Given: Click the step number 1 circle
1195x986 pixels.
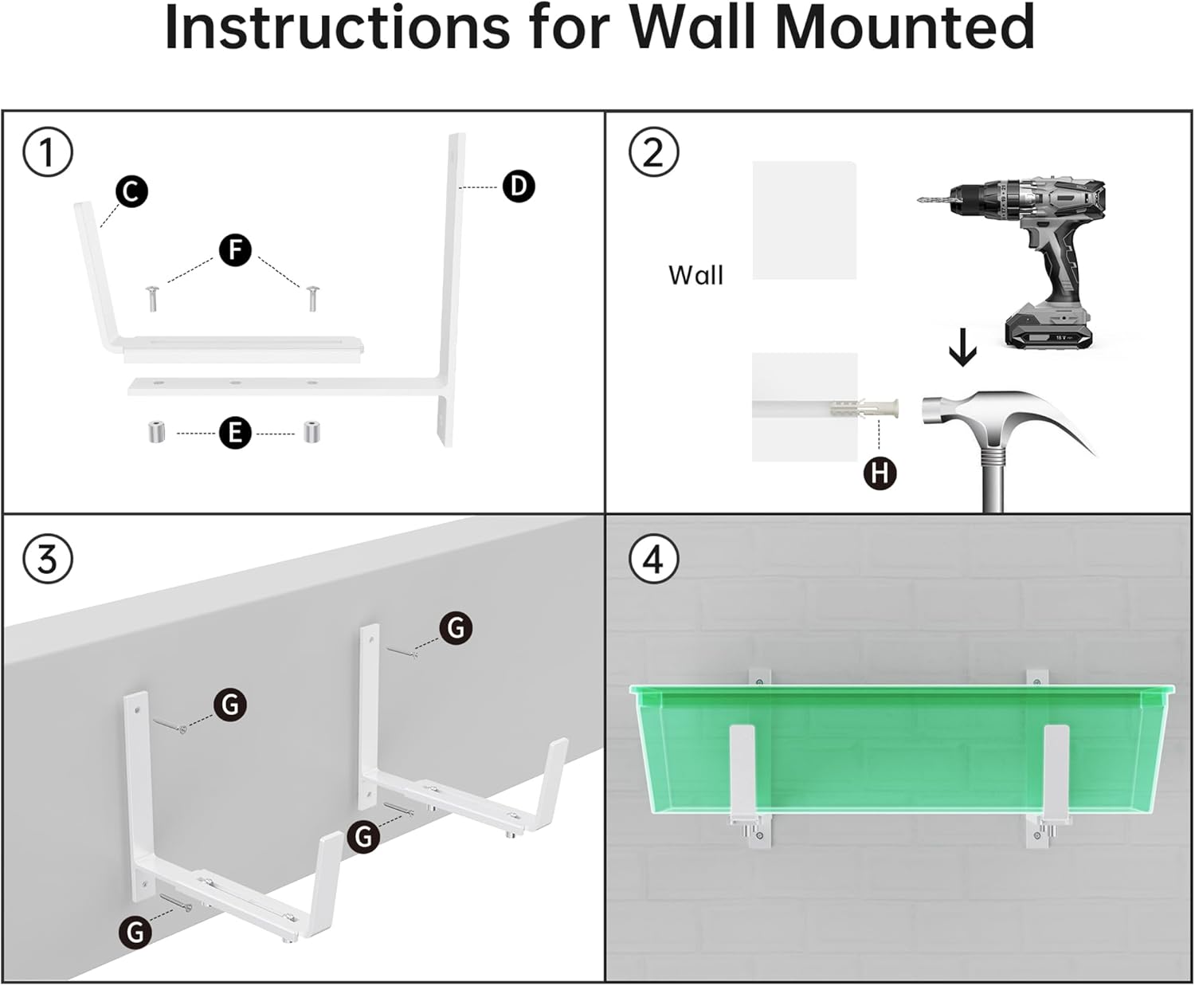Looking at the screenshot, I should click(48, 152).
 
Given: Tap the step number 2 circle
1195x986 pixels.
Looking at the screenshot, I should click(653, 152).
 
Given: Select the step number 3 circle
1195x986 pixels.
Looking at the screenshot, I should click(48, 559).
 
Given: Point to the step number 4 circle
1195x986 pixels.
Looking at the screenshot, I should click(653, 559).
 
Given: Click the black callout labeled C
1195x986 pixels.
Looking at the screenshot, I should click(131, 192).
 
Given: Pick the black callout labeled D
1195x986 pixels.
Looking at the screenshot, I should click(519, 187).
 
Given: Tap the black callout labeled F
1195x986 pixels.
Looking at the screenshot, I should click(235, 250).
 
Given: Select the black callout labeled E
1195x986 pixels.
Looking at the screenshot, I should click(235, 433).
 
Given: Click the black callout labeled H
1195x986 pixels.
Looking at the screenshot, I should click(880, 473).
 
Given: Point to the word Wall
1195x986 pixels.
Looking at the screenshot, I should click(695, 276).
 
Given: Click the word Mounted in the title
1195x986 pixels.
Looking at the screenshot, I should click(904, 29).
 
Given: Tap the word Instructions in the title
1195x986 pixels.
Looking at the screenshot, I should click(337, 29).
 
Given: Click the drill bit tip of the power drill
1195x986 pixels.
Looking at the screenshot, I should click(923, 200).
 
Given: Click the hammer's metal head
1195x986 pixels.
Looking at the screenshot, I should click(956, 411).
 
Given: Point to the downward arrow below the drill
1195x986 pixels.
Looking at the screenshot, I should click(963, 348).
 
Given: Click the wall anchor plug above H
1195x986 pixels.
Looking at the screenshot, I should click(876, 409).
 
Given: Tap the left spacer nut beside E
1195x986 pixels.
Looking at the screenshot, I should click(157, 434).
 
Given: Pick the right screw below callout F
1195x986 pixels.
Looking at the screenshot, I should click(311, 297).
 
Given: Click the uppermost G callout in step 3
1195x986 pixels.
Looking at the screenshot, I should click(456, 628).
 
